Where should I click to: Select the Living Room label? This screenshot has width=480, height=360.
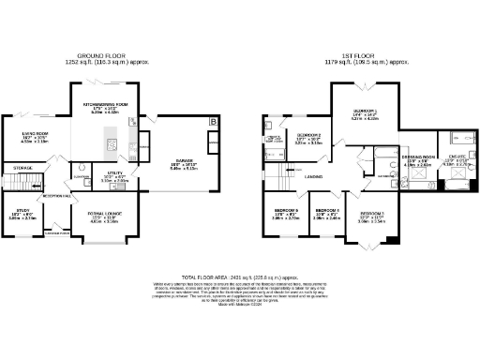click(35, 134)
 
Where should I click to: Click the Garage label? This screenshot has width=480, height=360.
click(183, 160)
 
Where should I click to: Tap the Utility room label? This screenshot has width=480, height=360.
click(115, 174)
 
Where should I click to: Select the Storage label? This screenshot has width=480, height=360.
click(22, 168)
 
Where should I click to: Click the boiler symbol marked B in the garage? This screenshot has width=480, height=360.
click(214, 123)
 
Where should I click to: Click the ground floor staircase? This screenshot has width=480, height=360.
click(35, 184)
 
